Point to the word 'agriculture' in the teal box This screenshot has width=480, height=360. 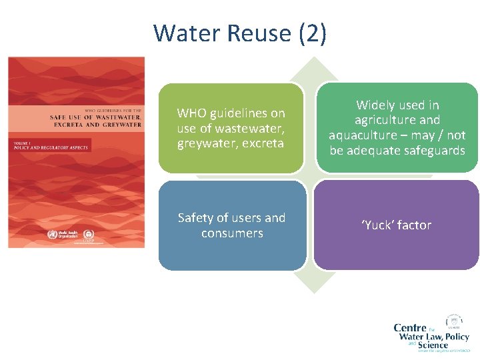coord(397,120)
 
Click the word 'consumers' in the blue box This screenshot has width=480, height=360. coord(232,233)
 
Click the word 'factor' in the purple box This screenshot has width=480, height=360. coord(415,225)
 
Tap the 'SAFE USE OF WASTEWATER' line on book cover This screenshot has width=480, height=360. coord(95,117)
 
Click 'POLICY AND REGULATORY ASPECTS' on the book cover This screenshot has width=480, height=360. coord(51,147)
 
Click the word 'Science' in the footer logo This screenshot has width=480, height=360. coord(433,345)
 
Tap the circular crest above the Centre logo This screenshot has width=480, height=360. coord(455,320)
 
